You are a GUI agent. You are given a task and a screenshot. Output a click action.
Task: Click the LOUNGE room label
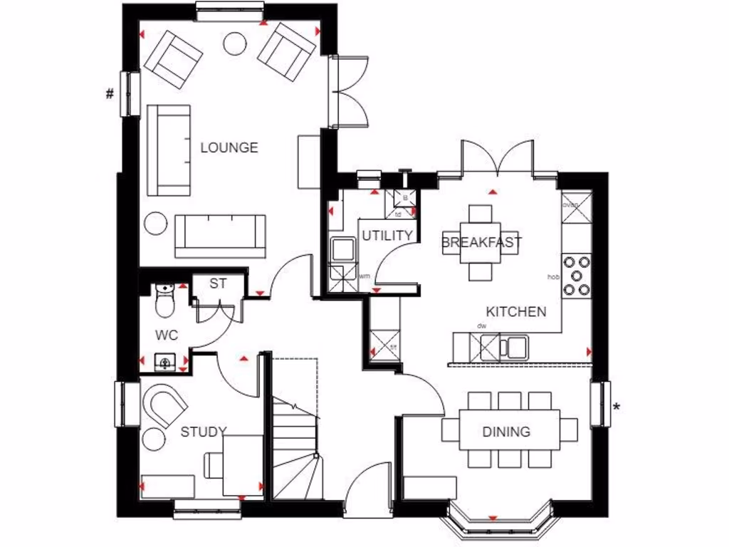click(229, 148)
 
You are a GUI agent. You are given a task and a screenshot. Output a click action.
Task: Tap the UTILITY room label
click(387, 236)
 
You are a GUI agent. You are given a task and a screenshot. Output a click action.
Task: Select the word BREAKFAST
click(481, 242)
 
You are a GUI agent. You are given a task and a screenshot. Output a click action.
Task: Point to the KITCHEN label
click(516, 312)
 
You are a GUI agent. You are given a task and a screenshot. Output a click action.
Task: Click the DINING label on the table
click(506, 432)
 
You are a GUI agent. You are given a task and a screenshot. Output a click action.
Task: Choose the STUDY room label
click(203, 432)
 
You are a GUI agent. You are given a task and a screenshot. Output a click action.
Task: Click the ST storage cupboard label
click(218, 283)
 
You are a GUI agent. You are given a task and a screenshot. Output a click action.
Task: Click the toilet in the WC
click(164, 301)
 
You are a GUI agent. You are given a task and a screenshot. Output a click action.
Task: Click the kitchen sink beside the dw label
click(514, 347)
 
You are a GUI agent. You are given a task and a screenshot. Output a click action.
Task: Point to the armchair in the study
click(165, 407)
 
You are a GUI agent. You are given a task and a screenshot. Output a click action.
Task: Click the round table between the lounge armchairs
click(234, 43)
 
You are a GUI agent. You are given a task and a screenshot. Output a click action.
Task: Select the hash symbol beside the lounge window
click(110, 93)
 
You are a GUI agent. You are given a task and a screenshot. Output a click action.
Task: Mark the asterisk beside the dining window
click(617, 407)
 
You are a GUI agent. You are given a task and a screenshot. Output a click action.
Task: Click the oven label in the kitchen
click(571, 205)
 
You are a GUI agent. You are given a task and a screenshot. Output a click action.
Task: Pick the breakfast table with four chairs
click(481, 243)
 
